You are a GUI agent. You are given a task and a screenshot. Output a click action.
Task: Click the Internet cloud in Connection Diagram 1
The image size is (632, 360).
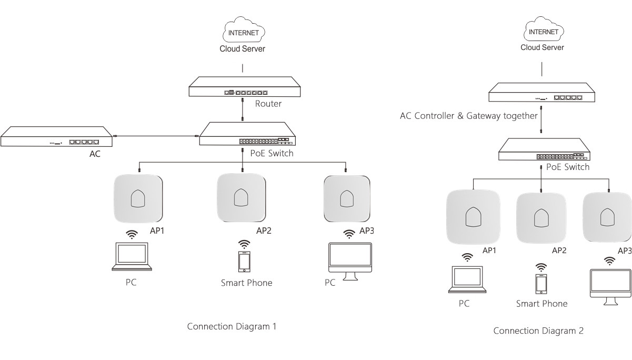coord(244,29)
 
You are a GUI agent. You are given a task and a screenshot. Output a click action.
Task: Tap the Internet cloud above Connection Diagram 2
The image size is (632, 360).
coord(544,29)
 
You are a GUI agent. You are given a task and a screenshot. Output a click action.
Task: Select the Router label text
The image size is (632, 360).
coord(268,104)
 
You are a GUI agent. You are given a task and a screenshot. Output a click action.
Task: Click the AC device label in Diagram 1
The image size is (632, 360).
coord(95,154)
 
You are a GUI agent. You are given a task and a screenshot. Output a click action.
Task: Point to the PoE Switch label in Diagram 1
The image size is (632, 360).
coord(272,153)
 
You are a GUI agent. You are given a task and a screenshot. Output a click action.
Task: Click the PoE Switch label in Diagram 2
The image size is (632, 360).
coord(568,167)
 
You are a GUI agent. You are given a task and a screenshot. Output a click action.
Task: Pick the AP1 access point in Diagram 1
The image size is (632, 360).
coord(138,198)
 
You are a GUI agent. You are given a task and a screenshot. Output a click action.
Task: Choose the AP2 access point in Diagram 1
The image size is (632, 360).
coord(241,197)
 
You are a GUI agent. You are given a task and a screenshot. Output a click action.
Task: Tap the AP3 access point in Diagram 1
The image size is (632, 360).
coord(347,198)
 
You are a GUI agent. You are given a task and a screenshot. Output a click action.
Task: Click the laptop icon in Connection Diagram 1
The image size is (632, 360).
coord(132,256)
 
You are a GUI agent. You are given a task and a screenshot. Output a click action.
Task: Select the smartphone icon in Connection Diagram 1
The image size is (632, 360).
coord(244,262)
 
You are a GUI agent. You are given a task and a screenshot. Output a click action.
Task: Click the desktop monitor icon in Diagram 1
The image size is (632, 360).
coord(350,261)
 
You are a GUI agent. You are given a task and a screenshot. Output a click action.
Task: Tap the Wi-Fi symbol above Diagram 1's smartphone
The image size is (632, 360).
coord(244,244)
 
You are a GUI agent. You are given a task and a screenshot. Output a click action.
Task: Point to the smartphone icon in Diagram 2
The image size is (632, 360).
coord(541,284)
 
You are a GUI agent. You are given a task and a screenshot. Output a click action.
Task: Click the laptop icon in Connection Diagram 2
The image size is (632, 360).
coord(467,279)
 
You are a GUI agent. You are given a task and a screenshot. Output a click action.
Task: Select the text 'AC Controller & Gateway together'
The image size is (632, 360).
coord(469,116)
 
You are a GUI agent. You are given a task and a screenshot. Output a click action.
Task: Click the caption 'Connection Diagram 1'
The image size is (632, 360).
coord(232,326)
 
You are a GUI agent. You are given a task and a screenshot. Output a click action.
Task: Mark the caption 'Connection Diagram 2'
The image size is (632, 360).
coord(538,331)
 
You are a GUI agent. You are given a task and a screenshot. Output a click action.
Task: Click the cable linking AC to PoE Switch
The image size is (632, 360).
coord(156,136)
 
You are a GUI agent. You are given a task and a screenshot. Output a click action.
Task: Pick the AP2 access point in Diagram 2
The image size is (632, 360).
coord(541,218)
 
